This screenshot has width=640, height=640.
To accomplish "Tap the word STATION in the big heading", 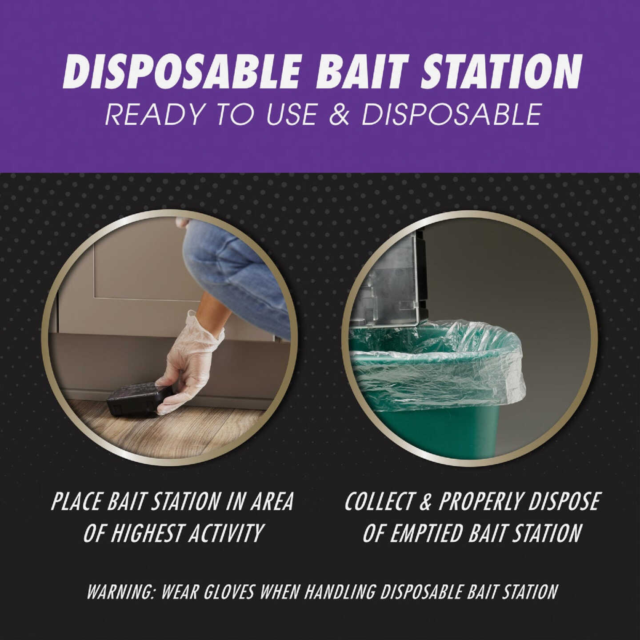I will [500, 71].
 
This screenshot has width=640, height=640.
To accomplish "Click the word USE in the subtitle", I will [291, 114].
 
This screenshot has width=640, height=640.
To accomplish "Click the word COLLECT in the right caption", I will [379, 502].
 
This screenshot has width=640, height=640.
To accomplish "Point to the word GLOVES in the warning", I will [227, 592].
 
